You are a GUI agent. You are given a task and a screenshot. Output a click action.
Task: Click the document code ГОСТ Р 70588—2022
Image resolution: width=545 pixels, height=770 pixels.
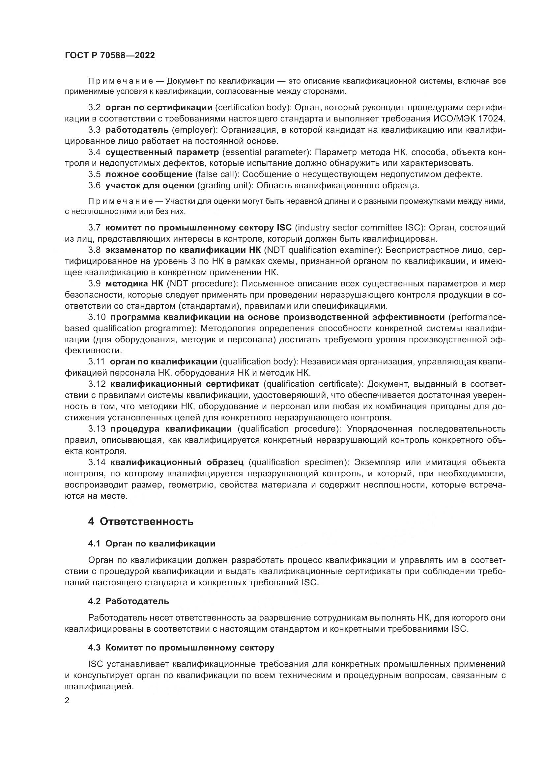point(110,56)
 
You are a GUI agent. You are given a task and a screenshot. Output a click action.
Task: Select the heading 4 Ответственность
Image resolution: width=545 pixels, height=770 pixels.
point(141,521)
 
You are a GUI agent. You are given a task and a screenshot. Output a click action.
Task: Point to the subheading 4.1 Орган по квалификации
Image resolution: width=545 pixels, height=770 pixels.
point(152,544)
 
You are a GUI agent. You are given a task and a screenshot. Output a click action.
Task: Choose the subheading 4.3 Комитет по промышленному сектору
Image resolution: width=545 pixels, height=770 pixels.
point(181,648)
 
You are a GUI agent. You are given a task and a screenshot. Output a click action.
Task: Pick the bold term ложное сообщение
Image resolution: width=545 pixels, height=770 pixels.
point(149,174)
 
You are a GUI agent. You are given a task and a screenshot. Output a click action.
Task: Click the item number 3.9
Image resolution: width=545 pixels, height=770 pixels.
point(94,284)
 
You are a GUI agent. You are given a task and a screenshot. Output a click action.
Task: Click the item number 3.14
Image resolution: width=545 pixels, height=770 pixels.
point(97,463)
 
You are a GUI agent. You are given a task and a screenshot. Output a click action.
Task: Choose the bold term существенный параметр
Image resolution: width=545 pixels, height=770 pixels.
point(162,152)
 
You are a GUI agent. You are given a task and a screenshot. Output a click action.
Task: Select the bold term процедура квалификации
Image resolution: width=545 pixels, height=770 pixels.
point(171,429)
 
